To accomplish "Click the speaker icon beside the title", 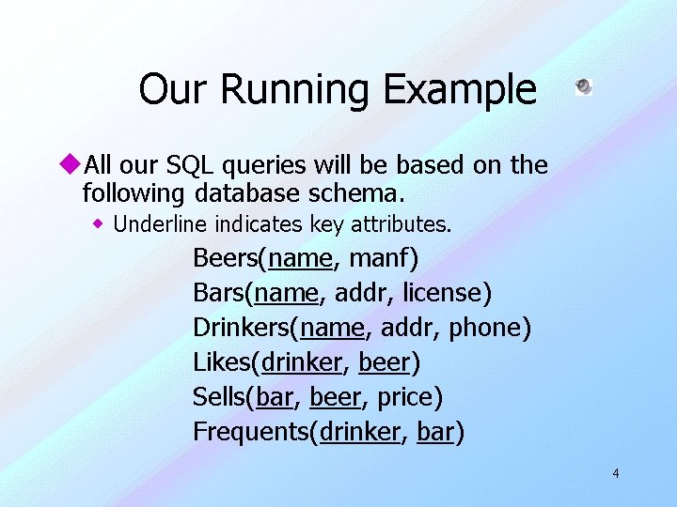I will coord(584,87).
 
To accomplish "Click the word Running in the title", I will coord(296,91).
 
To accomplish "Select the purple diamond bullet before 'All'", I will coord(71,164).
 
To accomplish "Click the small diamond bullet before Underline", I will coord(99,224).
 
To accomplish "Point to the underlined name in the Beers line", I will coord(300,258).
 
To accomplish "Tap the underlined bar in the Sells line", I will coord(274,398).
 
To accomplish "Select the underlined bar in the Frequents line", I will coord(435,432).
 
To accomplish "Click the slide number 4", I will coord(616,473).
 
